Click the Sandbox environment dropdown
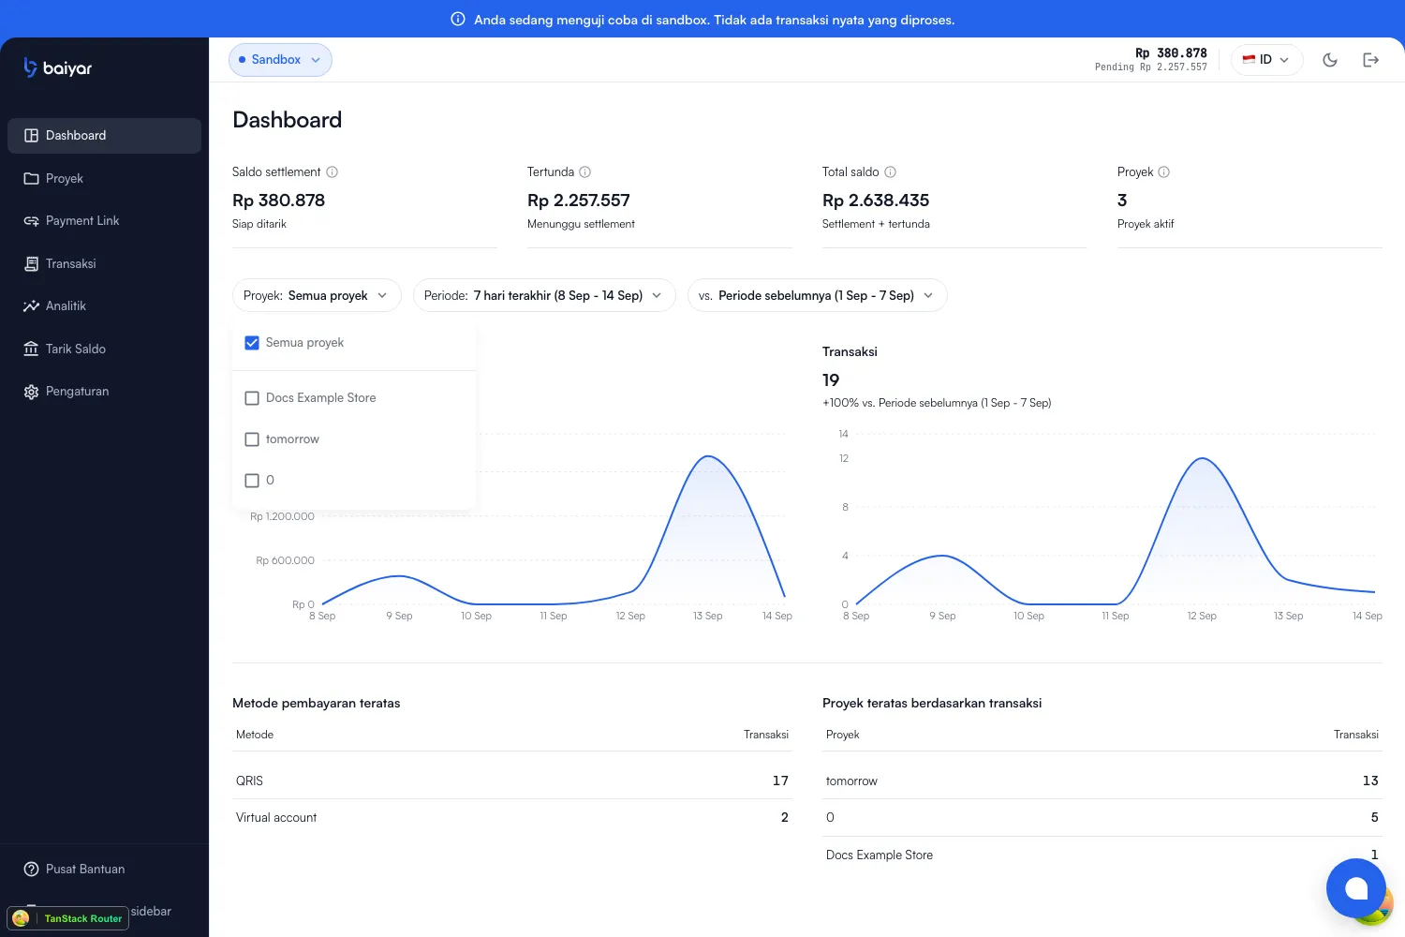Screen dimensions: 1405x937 click(x=280, y=60)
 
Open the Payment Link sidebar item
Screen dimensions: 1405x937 click(x=81, y=221)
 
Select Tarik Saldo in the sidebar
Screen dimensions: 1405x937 click(x=75, y=349)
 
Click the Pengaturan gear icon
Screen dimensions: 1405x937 click(x=31, y=392)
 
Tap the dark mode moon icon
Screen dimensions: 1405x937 click(x=1330, y=60)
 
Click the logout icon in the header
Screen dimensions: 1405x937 click(x=1370, y=60)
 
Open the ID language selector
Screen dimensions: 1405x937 click(x=1266, y=60)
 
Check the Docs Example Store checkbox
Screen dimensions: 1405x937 click(x=252, y=398)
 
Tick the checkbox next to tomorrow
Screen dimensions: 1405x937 click(x=252, y=439)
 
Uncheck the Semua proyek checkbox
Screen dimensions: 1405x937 click(x=252, y=343)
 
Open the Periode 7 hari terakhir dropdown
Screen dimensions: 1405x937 click(x=544, y=295)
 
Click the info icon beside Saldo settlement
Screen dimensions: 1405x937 click(x=333, y=172)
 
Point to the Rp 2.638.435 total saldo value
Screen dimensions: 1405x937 click(x=876, y=201)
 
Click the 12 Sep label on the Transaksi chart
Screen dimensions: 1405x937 click(x=1201, y=616)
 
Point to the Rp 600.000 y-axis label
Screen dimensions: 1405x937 click(x=285, y=560)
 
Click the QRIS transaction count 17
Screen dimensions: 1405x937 click(x=780, y=781)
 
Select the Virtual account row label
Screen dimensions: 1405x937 click(x=276, y=817)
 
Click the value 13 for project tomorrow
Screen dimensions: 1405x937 click(x=1369, y=781)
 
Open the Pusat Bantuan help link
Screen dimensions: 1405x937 click(x=84, y=870)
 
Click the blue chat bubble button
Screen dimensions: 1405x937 click(x=1355, y=888)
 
